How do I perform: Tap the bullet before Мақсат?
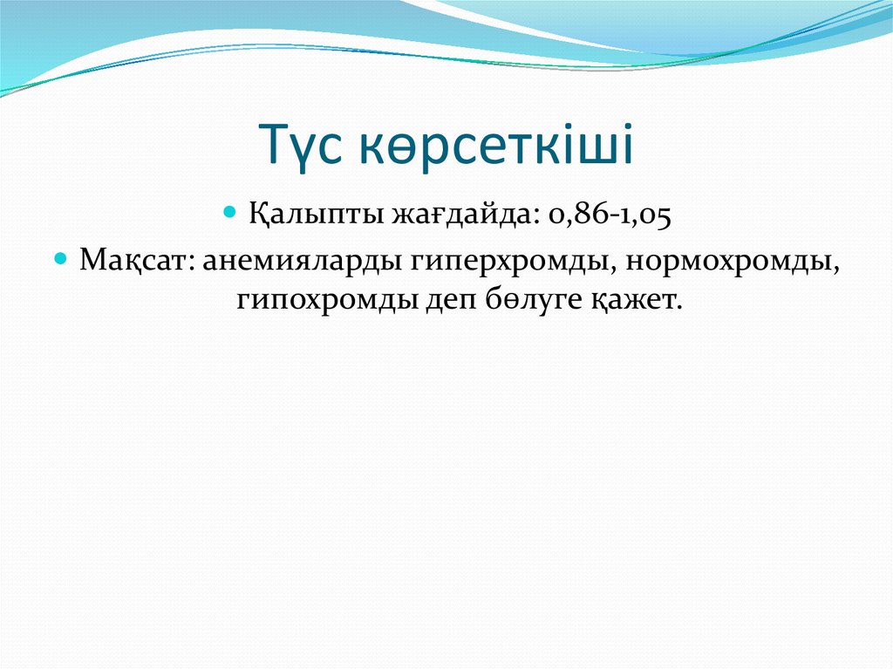61,259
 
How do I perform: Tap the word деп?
446,302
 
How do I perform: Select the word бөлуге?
522,302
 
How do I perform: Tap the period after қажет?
675,310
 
